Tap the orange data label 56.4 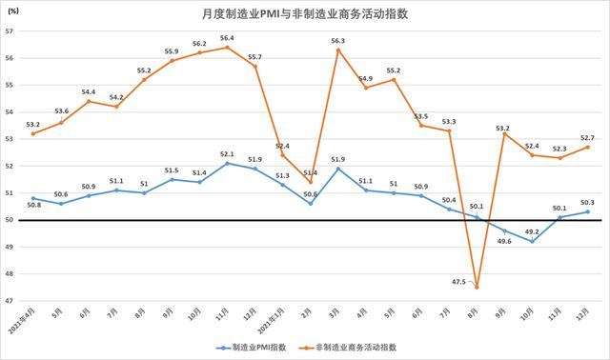click(226, 38)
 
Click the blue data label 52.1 click(226, 154)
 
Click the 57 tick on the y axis click(10, 31)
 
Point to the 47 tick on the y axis click(10, 301)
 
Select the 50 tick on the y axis click(10, 220)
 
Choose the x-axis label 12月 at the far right click(584, 311)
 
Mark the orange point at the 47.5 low click(476, 288)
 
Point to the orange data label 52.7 click(587, 137)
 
